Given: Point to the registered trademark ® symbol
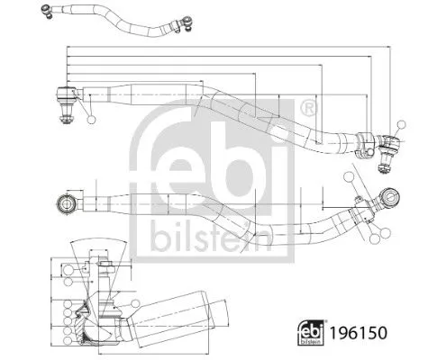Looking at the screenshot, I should coord(310,107).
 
